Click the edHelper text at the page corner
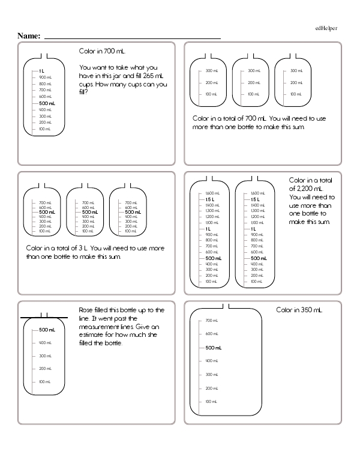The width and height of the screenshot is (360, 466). [x=326, y=28]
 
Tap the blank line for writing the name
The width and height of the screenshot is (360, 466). [x=132, y=38]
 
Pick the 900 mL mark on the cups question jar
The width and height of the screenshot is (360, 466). [x=45, y=77]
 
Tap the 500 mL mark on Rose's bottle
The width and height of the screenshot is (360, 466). [x=47, y=330]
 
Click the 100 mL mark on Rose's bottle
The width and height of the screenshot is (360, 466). [x=45, y=381]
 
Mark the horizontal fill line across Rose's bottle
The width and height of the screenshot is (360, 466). [x=44, y=316]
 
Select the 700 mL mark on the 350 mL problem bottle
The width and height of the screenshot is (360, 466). [x=211, y=320]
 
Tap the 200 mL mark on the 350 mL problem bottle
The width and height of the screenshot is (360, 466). [x=211, y=387]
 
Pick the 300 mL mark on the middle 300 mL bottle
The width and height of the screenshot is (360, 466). [x=253, y=71]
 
